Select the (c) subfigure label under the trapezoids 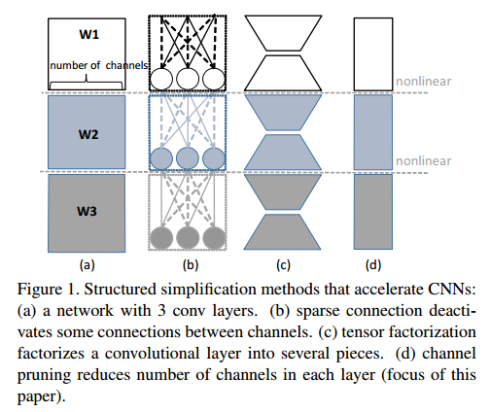pyautogui.click(x=284, y=262)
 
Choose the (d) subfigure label pyautogui.click(x=372, y=262)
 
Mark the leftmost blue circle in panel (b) pyautogui.click(x=161, y=158)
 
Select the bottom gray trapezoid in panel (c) pyautogui.click(x=283, y=232)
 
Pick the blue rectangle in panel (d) pyautogui.click(x=372, y=132)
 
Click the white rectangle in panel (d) pyautogui.click(x=372, y=52)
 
